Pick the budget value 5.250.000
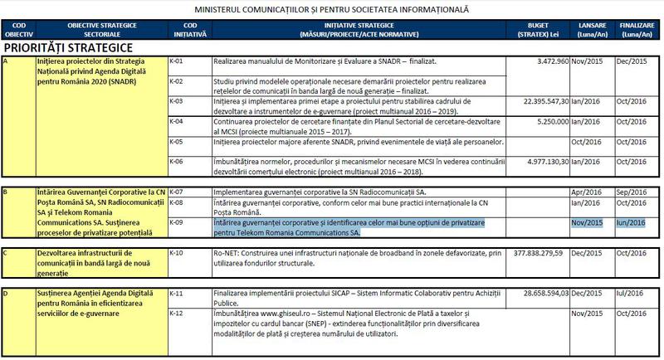coord(543,121)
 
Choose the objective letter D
coord(7,294)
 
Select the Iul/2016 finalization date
coord(629,294)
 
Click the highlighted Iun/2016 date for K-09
coord(630,222)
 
